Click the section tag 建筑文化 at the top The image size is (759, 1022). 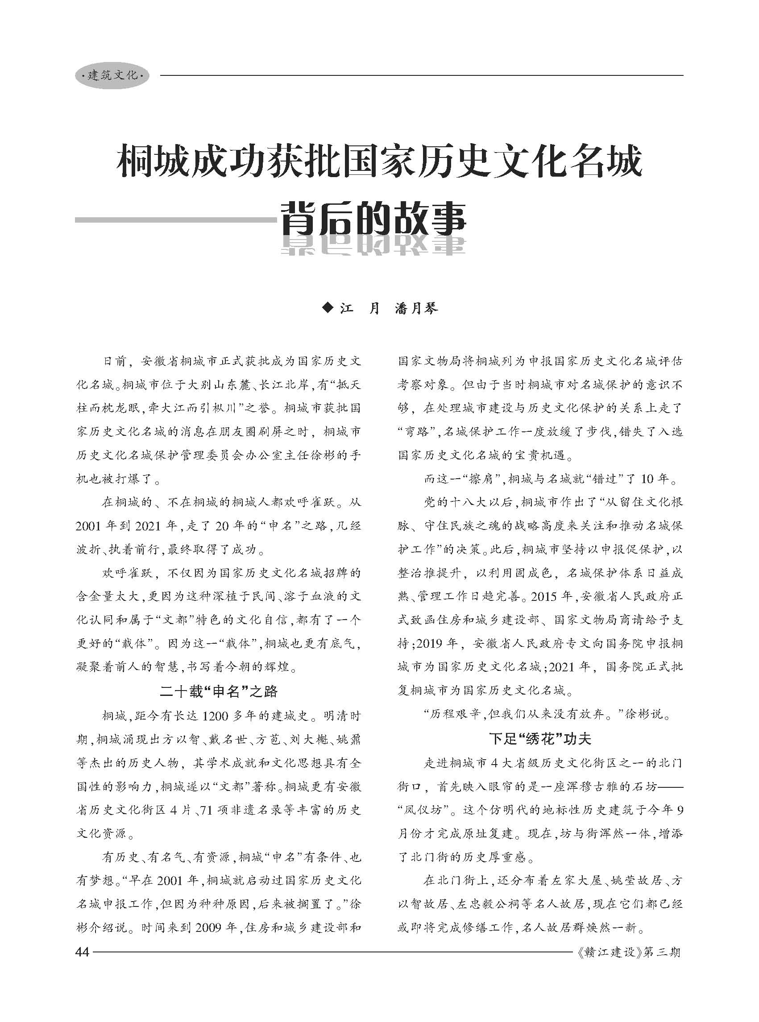click(x=112, y=75)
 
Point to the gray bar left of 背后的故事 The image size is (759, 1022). click(x=174, y=220)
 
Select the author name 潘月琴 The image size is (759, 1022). click(x=416, y=308)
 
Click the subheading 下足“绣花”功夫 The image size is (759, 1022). click(x=540, y=739)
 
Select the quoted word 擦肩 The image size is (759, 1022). click(x=481, y=479)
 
